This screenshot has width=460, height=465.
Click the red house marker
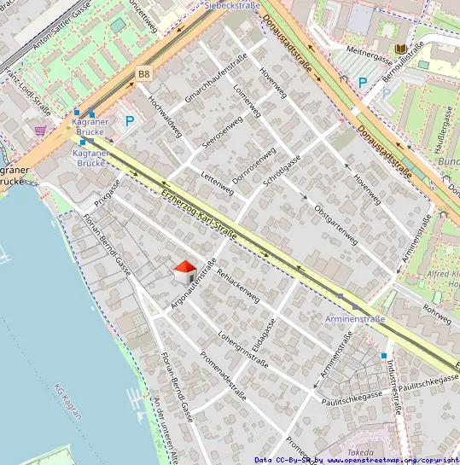[x=183, y=272]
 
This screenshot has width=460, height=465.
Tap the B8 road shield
[x=143, y=75]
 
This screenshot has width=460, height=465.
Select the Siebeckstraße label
[x=232, y=4]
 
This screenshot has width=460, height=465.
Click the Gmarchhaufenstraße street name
[x=216, y=78]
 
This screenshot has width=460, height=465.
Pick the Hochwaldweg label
[x=166, y=116]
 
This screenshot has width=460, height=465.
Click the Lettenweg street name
[x=216, y=179]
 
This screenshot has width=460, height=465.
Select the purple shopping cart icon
[x=40, y=130]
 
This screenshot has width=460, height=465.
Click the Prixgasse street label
[x=108, y=194]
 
